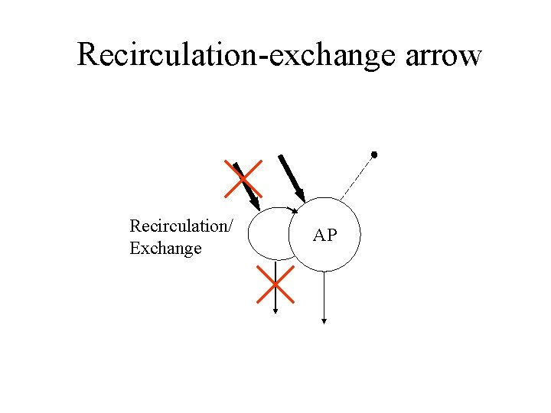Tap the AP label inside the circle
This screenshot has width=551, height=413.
325,236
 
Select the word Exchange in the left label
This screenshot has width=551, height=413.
165,249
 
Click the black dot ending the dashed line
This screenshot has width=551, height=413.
374,154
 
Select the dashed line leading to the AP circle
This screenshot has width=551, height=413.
356,177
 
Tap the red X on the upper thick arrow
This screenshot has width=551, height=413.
243,179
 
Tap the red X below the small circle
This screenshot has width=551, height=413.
275,284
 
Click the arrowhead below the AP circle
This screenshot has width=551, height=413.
324,321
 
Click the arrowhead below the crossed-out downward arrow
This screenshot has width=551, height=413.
275,310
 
